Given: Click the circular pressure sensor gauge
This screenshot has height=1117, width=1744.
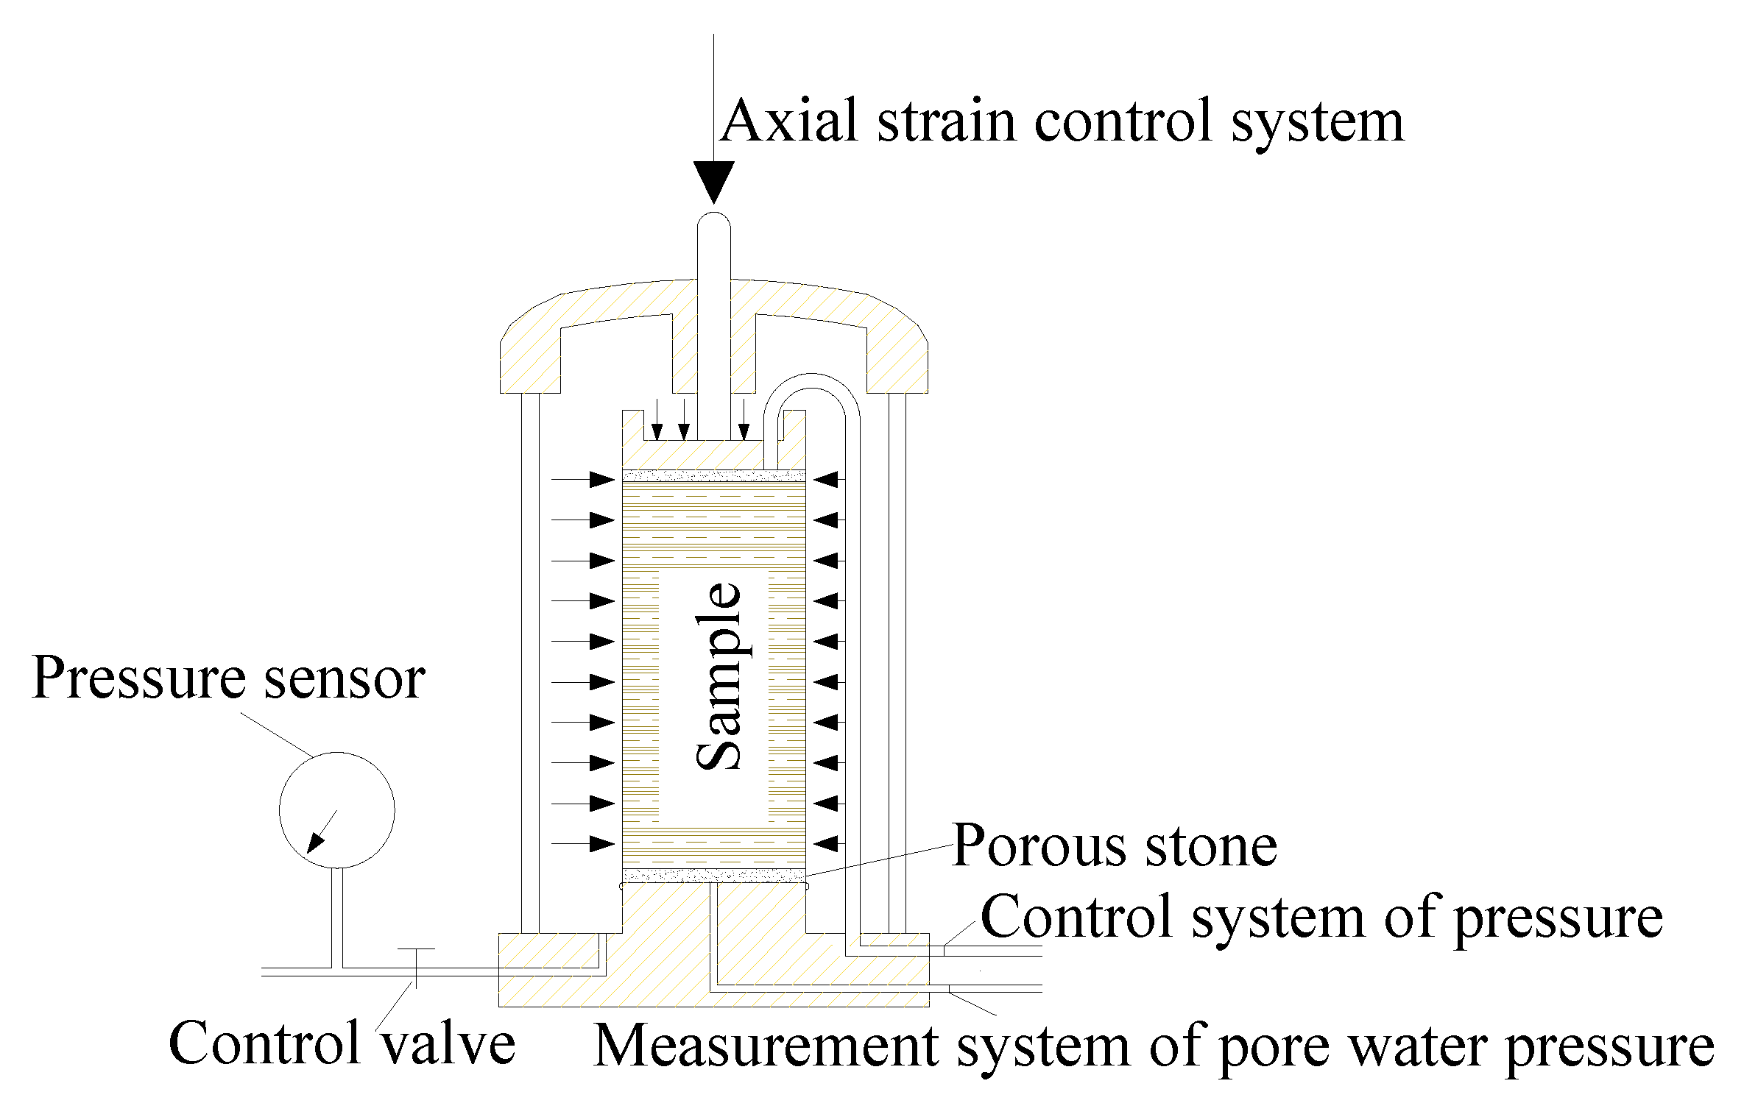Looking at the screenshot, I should click(x=336, y=809).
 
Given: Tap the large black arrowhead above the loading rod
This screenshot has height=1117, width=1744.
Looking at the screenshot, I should click(x=713, y=180).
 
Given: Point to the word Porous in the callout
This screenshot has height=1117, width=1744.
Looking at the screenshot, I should click(x=1039, y=847).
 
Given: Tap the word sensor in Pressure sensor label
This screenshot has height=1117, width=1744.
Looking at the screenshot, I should click(x=345, y=678).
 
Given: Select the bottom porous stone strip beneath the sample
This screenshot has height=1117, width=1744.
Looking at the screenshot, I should click(x=713, y=876).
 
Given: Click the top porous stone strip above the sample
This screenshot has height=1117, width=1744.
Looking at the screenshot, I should click(x=713, y=475).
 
